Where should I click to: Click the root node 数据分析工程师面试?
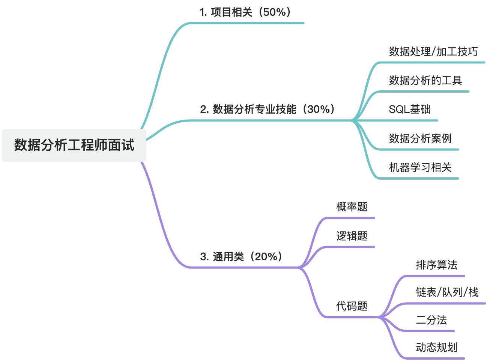pos(74,145)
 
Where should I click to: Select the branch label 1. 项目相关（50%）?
pos(246,12)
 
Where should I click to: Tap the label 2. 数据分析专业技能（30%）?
pos(268,109)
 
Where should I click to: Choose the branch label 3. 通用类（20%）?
pos(241,256)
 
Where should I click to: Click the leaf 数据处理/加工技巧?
pos(433,51)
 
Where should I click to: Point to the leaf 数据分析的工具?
pos(425,80)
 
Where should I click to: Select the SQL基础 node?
pos(410,109)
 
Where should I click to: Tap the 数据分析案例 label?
pos(420,138)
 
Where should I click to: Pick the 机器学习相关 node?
pos(420,167)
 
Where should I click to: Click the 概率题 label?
pos(352,207)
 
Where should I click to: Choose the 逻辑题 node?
pos(352,236)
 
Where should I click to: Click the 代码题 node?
pos(352,306)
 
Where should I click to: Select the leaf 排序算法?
pos(437,265)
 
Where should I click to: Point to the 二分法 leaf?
pos(431,320)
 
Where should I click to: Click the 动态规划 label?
pos(437,347)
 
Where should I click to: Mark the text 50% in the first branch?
pos(274,12)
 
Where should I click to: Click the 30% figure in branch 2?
pos(319,109)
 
